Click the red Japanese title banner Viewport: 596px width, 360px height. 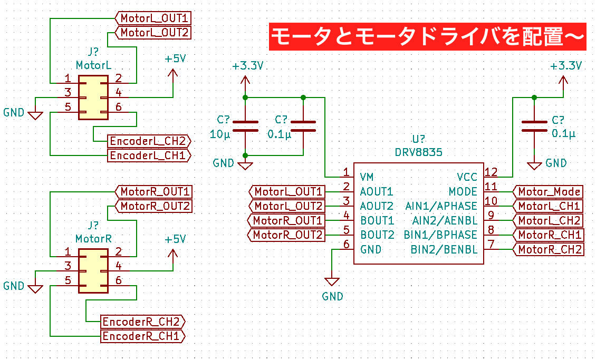click(x=427, y=36)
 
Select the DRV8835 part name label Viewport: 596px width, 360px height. click(x=418, y=152)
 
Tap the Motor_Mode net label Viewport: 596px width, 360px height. click(x=549, y=192)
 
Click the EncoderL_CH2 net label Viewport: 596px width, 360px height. click(x=148, y=141)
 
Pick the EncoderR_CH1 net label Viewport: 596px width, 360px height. click(x=143, y=336)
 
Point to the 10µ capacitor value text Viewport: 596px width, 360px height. click(x=220, y=134)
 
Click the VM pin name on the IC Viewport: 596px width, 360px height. click(x=367, y=177)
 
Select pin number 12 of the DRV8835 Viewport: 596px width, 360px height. click(x=491, y=172)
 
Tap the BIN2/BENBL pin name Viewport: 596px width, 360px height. click(x=444, y=249)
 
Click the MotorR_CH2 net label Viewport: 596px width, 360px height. click(x=550, y=249)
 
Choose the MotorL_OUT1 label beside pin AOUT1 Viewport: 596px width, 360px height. click(x=288, y=192)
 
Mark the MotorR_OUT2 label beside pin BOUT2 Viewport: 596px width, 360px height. click(x=287, y=235)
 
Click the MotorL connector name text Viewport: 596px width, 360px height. click(x=93, y=66)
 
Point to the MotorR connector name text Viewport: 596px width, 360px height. click(x=93, y=239)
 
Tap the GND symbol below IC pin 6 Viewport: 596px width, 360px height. click(x=332, y=281)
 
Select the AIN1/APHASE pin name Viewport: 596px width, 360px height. click(x=441, y=206)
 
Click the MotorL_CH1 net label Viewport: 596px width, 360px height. click(x=549, y=206)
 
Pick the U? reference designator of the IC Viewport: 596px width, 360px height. click(x=419, y=140)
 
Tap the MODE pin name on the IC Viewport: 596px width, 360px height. click(x=463, y=192)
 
